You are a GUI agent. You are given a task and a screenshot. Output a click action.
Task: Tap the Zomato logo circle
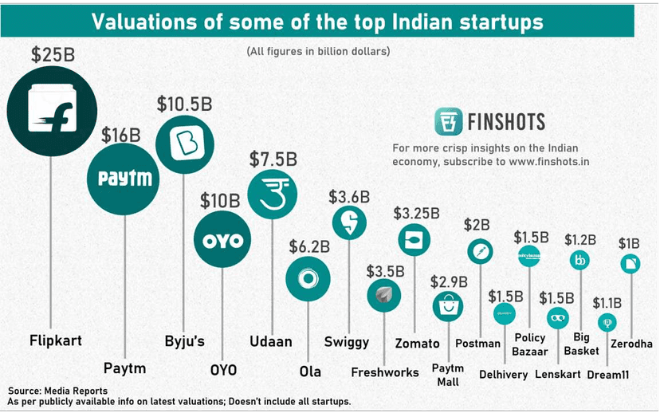[x=414, y=239]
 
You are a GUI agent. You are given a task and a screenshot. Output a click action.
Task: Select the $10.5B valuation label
[x=184, y=104]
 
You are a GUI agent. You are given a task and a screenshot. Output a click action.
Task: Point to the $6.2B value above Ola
[x=308, y=247]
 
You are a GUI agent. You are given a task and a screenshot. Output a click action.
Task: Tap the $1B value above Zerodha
[x=631, y=243]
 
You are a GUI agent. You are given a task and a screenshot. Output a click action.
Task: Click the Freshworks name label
[x=385, y=372]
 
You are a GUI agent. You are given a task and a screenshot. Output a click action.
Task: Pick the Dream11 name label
[x=608, y=375]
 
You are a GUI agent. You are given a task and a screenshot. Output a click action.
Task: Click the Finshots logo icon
[x=449, y=122]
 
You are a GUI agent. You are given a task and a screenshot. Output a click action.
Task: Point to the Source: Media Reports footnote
[x=58, y=391]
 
